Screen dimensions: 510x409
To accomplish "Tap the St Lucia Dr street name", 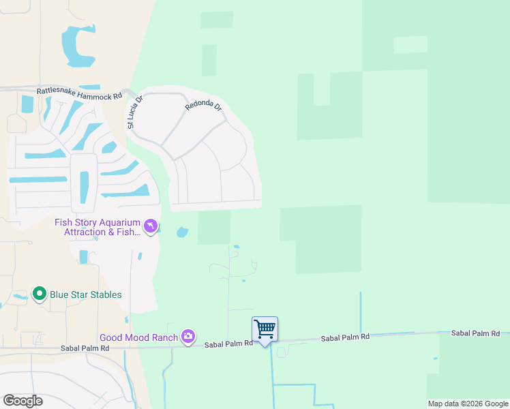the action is pos(135,112).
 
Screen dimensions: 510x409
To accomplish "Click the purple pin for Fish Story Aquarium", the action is pos(150,226).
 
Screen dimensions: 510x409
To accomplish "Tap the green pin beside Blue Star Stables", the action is pos(40,294).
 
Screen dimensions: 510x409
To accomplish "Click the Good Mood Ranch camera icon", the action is pos(188,336).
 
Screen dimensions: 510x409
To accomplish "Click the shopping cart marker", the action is pos(265,329).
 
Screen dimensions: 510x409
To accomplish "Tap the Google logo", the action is pos(22,401).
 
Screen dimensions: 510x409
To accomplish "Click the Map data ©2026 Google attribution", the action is pos(468,404).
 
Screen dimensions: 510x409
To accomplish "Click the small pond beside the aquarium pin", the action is pos(182,232).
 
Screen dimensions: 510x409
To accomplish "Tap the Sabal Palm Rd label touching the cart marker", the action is pos(229,344).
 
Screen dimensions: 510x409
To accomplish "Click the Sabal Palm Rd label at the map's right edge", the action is pos(475,333).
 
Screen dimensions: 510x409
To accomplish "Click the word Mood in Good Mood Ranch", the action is pos(138,337).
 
